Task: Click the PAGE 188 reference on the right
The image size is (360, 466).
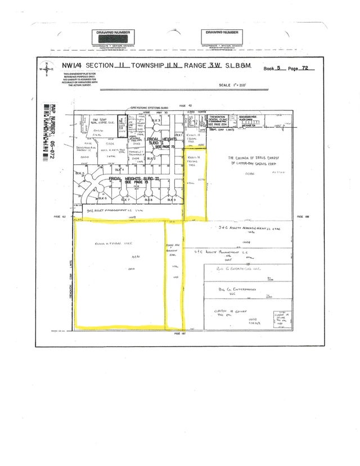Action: pyautogui.click(x=299, y=216)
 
